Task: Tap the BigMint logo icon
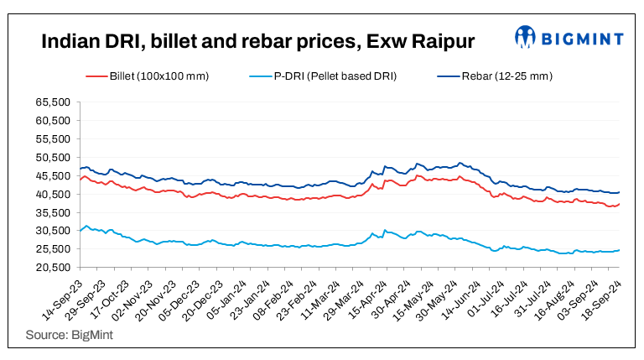[x=527, y=37]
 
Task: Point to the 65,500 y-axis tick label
[x=55, y=102]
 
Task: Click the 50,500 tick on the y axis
[x=55, y=157]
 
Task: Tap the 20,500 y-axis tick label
[x=55, y=267]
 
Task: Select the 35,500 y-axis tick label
[x=55, y=212]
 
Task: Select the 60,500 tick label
[x=55, y=120]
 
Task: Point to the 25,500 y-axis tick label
[x=55, y=249]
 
